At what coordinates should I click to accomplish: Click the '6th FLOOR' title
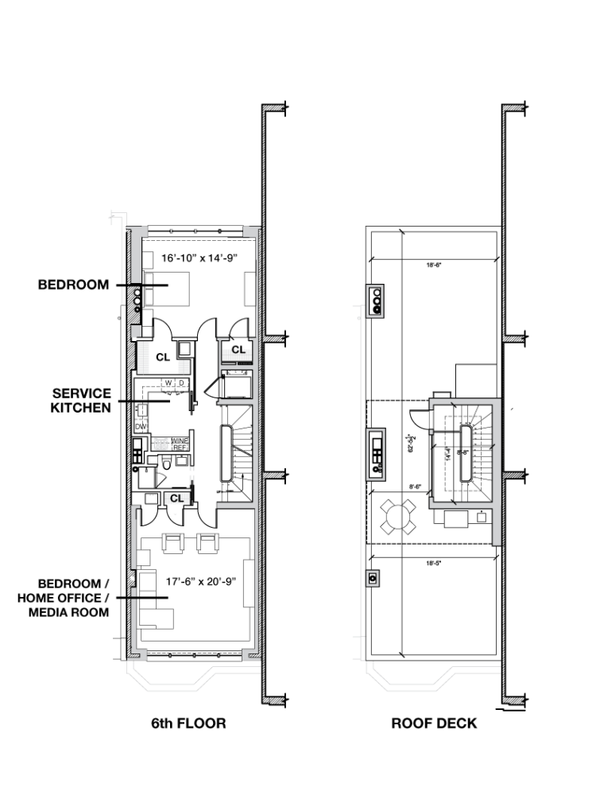[x=188, y=723]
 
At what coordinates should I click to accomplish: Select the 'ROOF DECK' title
[x=434, y=723]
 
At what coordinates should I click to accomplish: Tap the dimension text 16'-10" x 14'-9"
[x=199, y=258]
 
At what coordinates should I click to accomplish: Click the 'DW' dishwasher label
[x=141, y=427]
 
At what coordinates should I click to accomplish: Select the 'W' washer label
[x=168, y=382]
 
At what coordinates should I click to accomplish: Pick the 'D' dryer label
[x=180, y=382]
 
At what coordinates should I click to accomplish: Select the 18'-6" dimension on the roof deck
[x=433, y=266]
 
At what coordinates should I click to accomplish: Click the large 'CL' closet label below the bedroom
[x=162, y=358]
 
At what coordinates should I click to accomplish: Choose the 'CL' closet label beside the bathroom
[x=176, y=498]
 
